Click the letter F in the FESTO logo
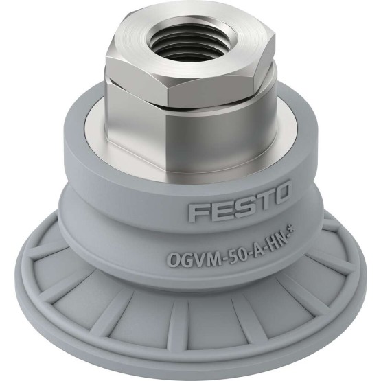196,212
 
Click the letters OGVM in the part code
192,259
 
